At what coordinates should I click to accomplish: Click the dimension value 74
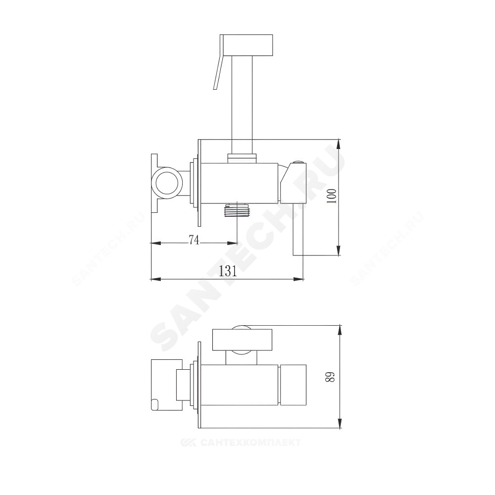(194, 240)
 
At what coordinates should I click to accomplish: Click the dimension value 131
(228, 271)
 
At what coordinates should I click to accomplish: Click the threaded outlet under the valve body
(237, 210)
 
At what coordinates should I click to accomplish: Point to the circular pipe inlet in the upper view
(167, 184)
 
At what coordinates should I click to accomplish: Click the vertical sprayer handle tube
(243, 103)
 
